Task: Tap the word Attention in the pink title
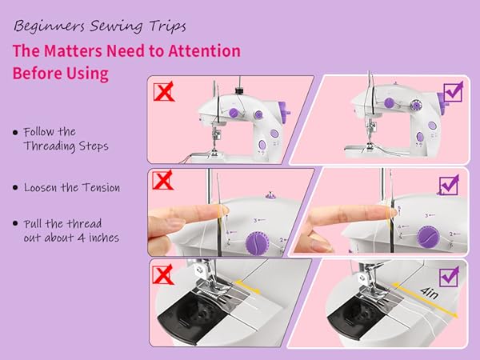[x=198, y=51]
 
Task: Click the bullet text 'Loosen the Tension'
[x=72, y=187]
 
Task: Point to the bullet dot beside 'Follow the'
[x=15, y=131]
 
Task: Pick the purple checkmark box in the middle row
[x=449, y=185]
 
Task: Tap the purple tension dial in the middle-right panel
[x=427, y=233]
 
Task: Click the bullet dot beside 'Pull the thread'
[x=15, y=223]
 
